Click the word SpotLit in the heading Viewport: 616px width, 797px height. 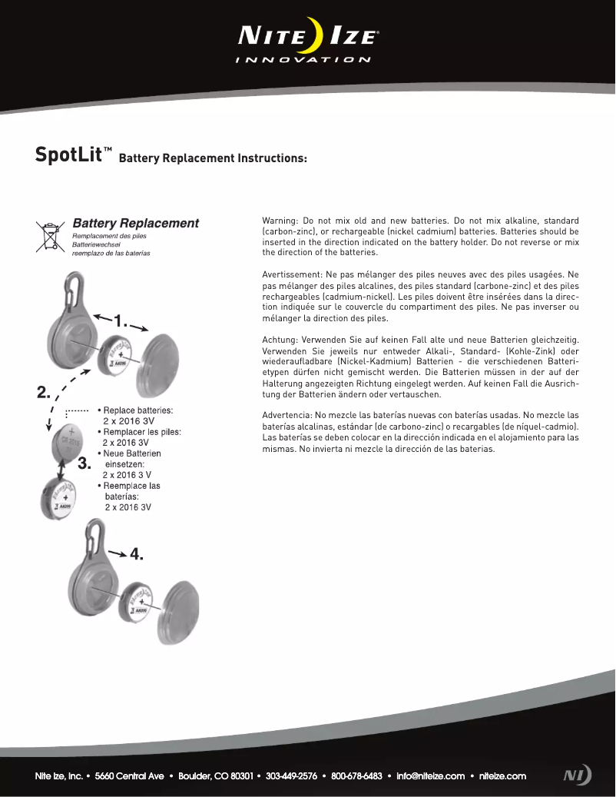[x=69, y=154]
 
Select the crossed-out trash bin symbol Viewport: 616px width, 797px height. [x=50, y=236]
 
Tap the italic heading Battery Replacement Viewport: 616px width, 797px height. [x=135, y=224]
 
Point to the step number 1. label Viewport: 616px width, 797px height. [x=121, y=321]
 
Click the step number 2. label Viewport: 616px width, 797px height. [x=44, y=393]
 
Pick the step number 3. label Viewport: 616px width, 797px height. [x=84, y=463]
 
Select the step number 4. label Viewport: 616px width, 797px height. [x=137, y=554]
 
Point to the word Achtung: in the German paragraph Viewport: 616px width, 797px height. [x=280, y=340]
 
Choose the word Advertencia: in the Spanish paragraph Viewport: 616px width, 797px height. [x=288, y=415]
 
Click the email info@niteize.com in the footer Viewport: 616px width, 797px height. [x=430, y=776]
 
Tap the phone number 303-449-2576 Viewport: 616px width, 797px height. [x=291, y=776]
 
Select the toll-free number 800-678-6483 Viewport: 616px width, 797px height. [x=356, y=776]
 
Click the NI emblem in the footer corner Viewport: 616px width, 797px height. [x=577, y=775]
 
